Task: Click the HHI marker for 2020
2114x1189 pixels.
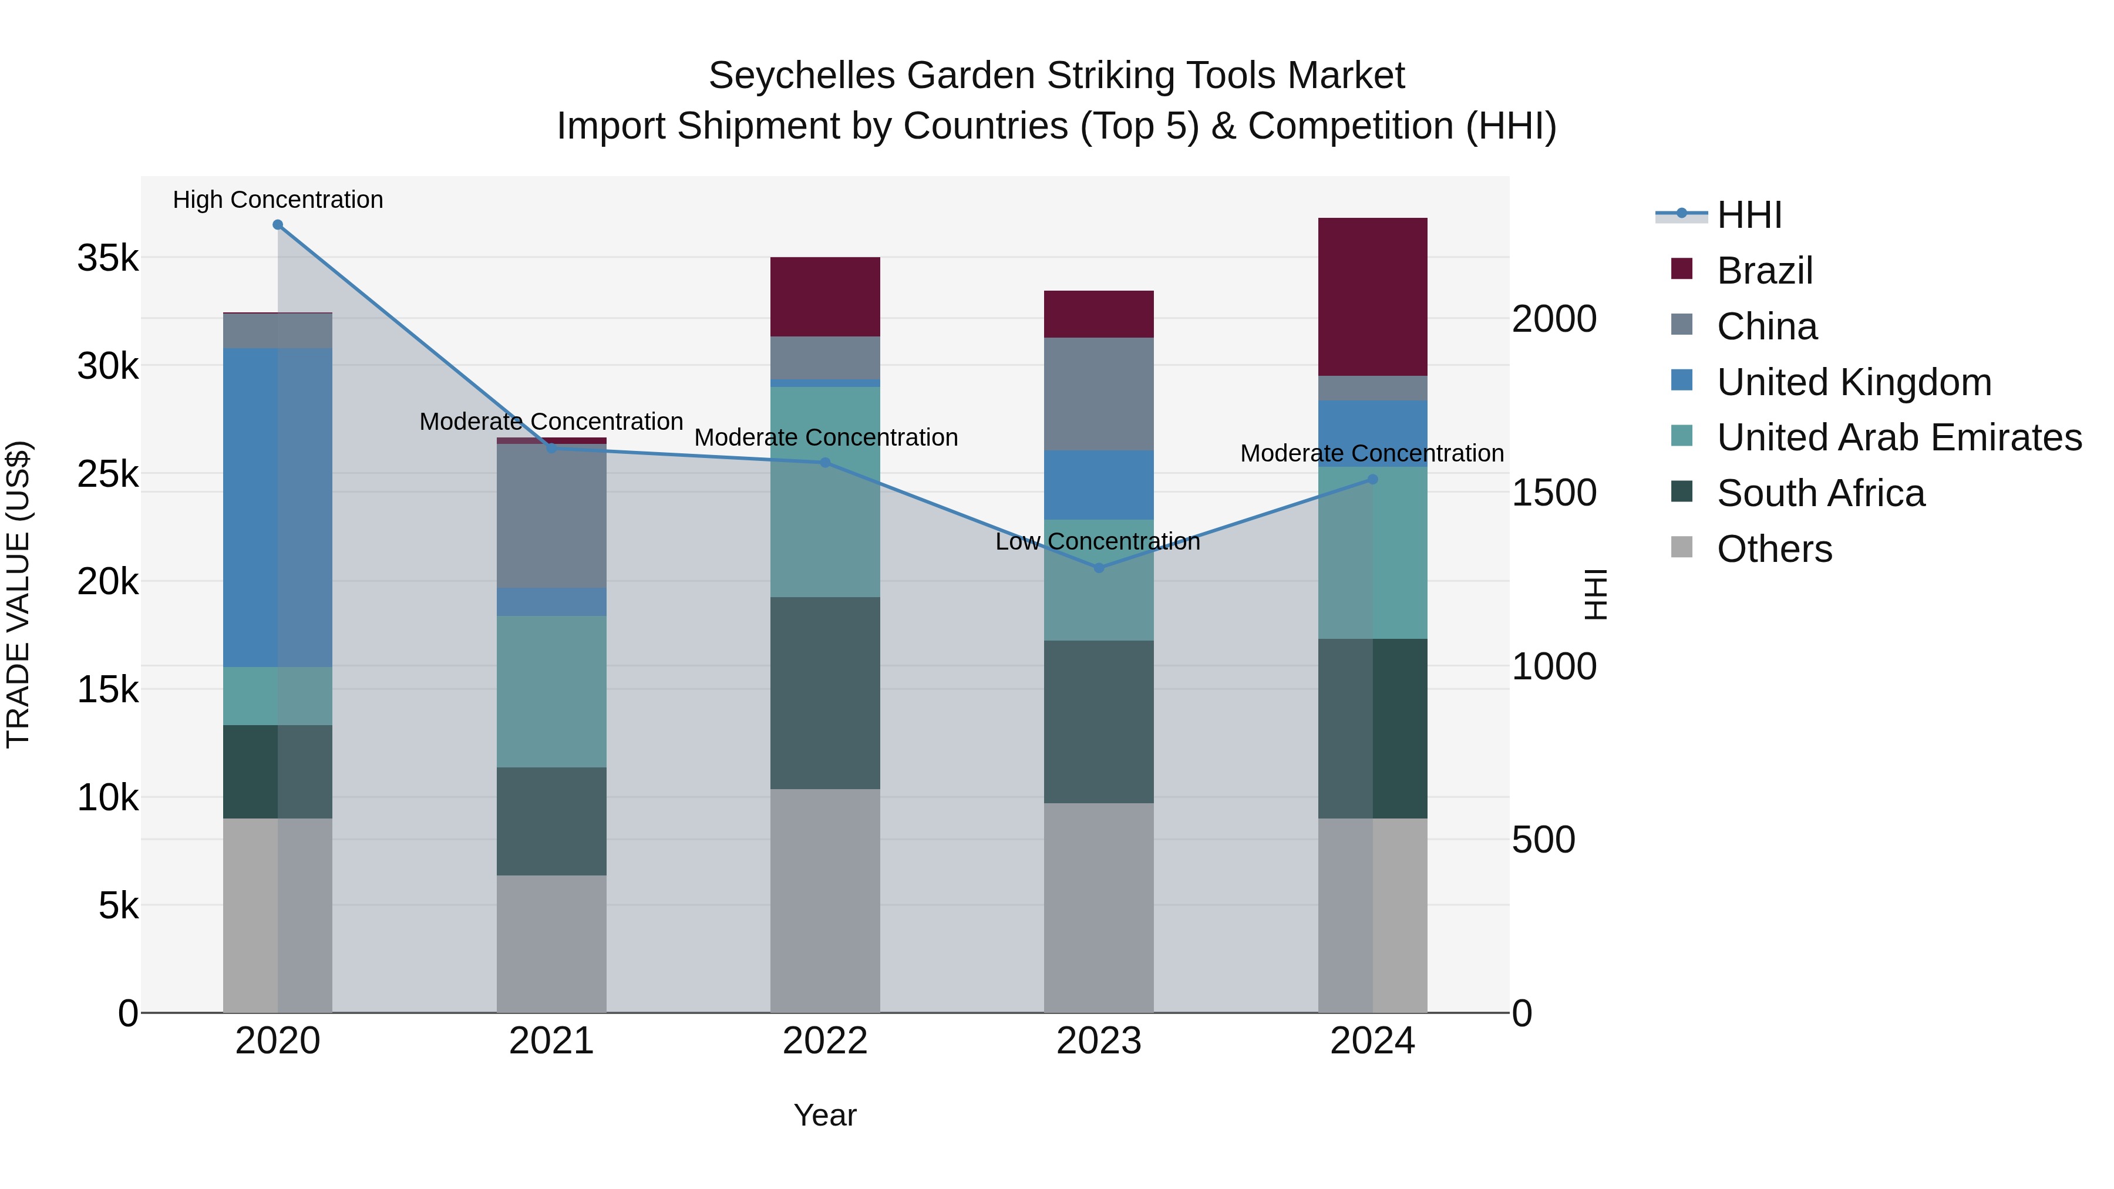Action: (277, 225)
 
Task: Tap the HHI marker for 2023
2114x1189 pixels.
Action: (1099, 568)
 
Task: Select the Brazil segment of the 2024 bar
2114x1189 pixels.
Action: (1372, 297)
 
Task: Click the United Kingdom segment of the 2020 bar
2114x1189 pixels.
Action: (277, 507)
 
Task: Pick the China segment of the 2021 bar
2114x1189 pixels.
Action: (551, 516)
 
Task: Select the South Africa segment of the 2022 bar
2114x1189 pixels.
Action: (825, 693)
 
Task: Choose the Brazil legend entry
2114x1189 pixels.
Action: (1765, 271)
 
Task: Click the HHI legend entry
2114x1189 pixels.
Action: (1749, 215)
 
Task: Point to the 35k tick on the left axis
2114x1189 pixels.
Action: (107, 258)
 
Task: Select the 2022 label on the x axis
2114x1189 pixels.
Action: (825, 1041)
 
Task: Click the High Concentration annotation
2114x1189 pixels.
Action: (277, 200)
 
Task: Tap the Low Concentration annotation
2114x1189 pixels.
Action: (1097, 541)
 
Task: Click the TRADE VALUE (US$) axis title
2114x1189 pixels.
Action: (18, 594)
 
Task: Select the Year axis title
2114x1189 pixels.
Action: (825, 1115)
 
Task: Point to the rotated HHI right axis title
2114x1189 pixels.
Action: (1594, 594)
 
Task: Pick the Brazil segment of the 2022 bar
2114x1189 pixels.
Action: (825, 297)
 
